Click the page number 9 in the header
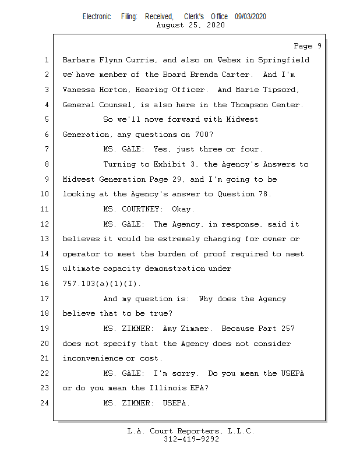click(x=319, y=46)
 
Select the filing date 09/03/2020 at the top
click(x=250, y=17)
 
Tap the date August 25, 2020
click(x=191, y=26)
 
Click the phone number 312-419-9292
click(x=191, y=439)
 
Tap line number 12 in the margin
click(x=46, y=224)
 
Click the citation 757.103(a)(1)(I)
click(x=101, y=284)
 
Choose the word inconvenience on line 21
click(x=93, y=358)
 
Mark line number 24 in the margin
click(x=46, y=403)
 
